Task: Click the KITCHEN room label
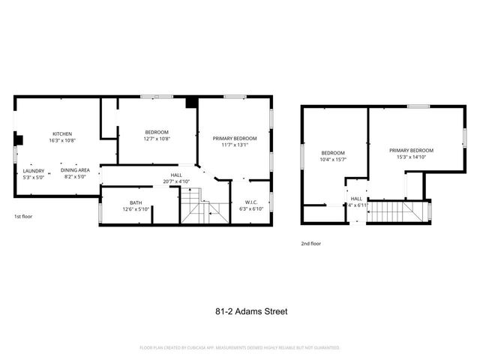[62, 133]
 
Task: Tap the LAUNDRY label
[34, 170]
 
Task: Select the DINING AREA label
[75, 170]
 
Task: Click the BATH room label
[136, 202]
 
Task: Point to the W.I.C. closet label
[251, 202]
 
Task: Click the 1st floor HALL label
[176, 175]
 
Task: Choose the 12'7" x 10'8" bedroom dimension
[157, 139]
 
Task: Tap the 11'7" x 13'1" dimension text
[235, 145]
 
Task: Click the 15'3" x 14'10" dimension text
[411, 157]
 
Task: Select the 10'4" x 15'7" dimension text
[333, 160]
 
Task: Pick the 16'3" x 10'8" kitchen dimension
[62, 139]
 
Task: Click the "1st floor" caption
[22, 217]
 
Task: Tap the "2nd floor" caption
[311, 244]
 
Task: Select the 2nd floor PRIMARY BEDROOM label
[411, 151]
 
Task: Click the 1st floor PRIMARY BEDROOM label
[235, 139]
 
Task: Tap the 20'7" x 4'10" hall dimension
[176, 181]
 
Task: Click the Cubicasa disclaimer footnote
[240, 348]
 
